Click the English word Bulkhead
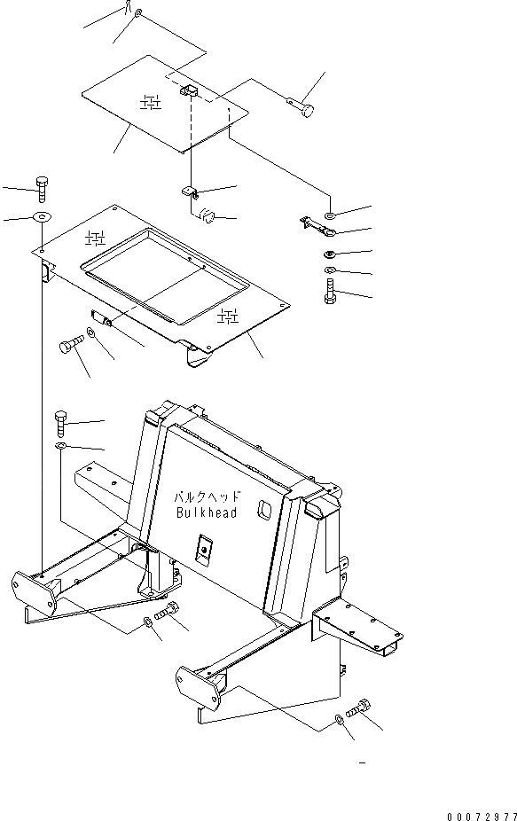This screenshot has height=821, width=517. tap(206, 513)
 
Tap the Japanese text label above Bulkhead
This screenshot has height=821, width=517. tap(206, 498)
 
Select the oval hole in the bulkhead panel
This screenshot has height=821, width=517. tap(263, 512)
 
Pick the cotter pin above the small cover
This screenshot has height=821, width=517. tap(129, 8)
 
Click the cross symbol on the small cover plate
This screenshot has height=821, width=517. tap(152, 105)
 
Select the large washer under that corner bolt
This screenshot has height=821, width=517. tap(42, 217)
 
